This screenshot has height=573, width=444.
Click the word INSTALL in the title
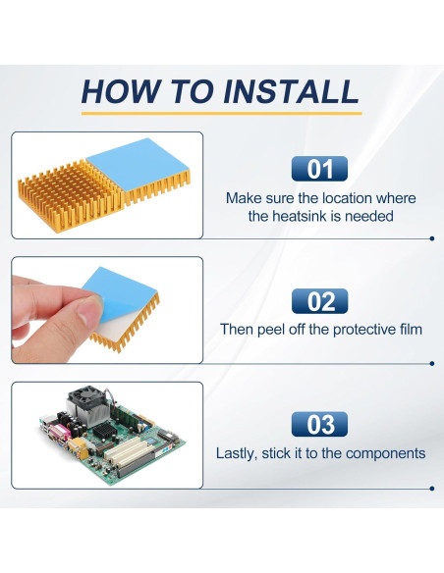(291, 91)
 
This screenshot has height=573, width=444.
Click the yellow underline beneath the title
(221, 113)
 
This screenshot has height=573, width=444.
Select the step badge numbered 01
(319, 169)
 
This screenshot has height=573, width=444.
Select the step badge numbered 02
(319, 301)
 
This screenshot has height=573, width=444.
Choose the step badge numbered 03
(319, 424)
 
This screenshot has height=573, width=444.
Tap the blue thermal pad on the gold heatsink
(138, 163)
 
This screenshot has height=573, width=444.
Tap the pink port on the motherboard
(60, 432)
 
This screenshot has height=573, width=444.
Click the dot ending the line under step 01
(432, 238)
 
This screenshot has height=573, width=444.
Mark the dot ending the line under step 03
(432, 489)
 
